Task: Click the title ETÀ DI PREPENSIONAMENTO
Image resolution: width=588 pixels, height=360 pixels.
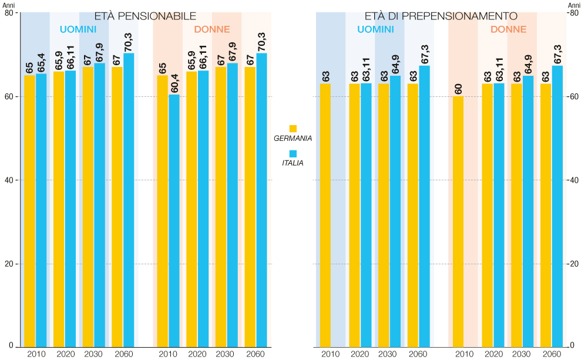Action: [441, 16]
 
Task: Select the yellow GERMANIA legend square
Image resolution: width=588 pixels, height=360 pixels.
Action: [293, 128]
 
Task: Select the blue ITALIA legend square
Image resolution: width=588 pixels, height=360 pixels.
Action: [293, 153]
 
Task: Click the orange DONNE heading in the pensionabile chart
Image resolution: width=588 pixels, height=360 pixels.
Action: [212, 29]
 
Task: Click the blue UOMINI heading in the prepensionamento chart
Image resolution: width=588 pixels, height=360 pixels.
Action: [375, 29]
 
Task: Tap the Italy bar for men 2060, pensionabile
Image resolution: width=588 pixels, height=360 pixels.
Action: [129, 200]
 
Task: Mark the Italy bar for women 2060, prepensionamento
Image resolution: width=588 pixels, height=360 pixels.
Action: [557, 206]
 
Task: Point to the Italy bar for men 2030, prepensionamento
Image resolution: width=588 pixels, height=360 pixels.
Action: [395, 211]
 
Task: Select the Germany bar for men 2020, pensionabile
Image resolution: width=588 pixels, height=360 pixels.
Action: [59, 209]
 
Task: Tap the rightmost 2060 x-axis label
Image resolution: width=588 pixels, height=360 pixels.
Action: [551, 354]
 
